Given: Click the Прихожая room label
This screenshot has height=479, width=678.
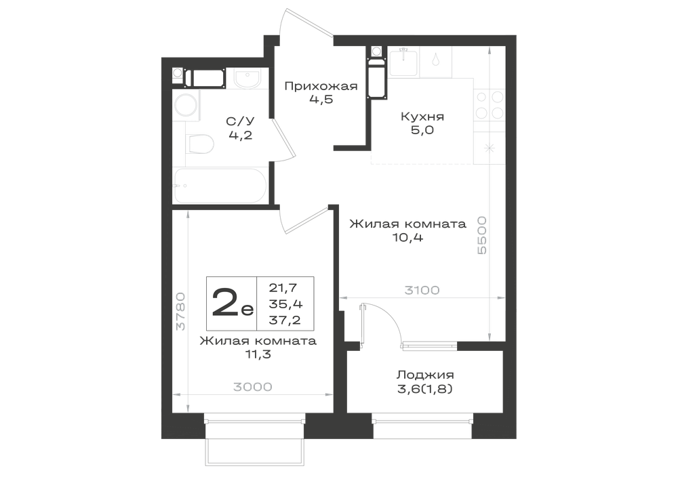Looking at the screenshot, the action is pyautogui.click(x=321, y=87).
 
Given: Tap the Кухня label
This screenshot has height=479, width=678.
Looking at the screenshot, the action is pyautogui.click(x=422, y=117).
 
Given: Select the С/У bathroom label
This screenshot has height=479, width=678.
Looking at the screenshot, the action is pyautogui.click(x=241, y=121).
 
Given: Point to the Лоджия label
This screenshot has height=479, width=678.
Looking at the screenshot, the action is pyautogui.click(x=425, y=375).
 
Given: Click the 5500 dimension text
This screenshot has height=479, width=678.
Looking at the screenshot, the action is pyautogui.click(x=481, y=235).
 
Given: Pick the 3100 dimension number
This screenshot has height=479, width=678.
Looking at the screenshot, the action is pyautogui.click(x=422, y=290).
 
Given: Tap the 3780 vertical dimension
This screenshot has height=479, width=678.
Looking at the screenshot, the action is pyautogui.click(x=180, y=312).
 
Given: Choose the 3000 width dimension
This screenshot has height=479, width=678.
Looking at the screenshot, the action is pyautogui.click(x=253, y=387).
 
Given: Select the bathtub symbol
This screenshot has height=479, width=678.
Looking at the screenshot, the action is pyautogui.click(x=218, y=186).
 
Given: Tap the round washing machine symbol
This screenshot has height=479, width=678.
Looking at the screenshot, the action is pyautogui.click(x=186, y=105).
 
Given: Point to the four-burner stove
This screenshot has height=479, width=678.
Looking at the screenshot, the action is pyautogui.click(x=490, y=105).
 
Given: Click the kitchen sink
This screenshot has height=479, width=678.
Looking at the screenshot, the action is pyautogui.click(x=404, y=62).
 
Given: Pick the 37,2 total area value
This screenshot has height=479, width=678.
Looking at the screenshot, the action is pyautogui.click(x=285, y=320).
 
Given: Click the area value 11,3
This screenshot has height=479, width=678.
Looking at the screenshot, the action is pyautogui.click(x=258, y=354).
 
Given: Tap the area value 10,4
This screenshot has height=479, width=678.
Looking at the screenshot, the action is pyautogui.click(x=407, y=237).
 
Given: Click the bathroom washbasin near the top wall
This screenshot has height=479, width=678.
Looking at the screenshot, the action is pyautogui.click(x=247, y=78).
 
